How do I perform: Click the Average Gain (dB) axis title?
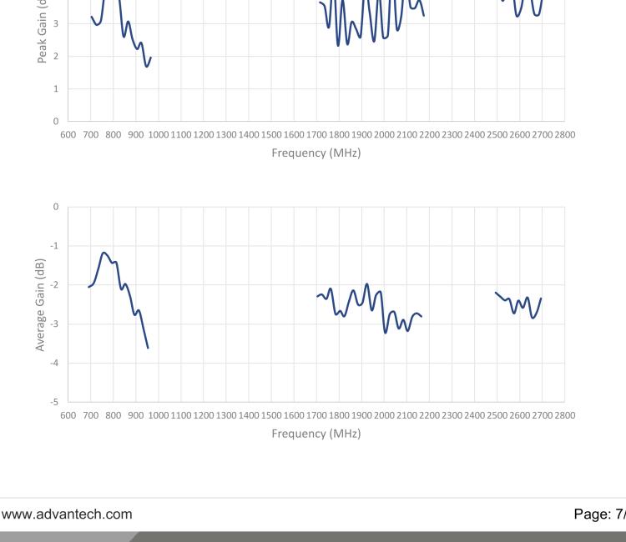point(40,304)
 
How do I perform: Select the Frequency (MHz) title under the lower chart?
point(316,434)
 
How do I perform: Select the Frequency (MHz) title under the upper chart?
point(316,153)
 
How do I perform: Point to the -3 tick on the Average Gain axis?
point(56,324)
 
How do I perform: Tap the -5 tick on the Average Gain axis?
point(56,402)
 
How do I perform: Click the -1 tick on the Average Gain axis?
point(56,246)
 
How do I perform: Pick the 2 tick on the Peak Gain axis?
point(57,56)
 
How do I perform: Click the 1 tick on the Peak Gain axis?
point(57,88)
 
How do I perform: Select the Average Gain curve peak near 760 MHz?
point(104,253)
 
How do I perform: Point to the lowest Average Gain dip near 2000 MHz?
point(386,332)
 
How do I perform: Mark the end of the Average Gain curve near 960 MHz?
point(149,348)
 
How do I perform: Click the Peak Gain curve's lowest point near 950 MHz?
point(147,66)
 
